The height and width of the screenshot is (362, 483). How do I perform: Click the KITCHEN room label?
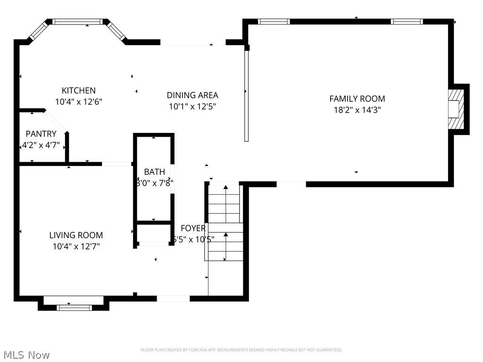point(78,90)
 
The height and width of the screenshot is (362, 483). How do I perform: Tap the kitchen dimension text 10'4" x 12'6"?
point(78,101)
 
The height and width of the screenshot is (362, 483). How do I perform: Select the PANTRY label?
point(41,134)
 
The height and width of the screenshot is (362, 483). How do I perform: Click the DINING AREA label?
point(192,95)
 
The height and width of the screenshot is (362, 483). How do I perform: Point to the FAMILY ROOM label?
point(357,99)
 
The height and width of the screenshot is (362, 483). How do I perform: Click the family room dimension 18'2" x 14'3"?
point(357,110)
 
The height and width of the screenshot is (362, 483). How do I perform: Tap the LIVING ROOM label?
point(76,235)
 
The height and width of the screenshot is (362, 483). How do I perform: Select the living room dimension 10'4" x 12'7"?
point(76,246)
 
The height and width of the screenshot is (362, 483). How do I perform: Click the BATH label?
point(154,172)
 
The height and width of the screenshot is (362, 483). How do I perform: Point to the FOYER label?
point(193,229)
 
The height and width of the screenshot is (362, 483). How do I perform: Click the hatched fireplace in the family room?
point(455,109)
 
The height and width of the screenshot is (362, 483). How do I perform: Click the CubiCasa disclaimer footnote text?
point(241,350)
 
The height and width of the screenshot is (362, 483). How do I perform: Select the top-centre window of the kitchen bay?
point(77,22)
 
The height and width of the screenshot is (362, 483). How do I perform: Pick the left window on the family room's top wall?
point(274,21)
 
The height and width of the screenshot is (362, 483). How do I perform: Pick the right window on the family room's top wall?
point(407,21)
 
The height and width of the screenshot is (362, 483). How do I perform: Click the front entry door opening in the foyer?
point(173,298)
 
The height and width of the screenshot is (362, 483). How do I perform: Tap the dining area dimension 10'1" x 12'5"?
point(192,107)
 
